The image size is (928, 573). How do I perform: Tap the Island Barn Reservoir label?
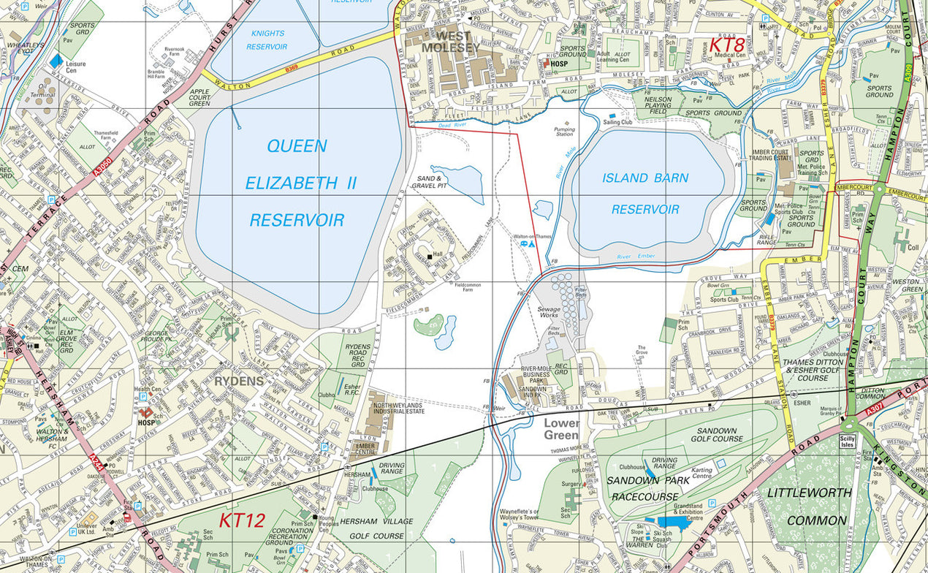tap(645, 194)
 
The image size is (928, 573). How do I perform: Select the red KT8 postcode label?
tap(726, 45)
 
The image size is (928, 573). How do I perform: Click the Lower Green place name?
tap(561, 429)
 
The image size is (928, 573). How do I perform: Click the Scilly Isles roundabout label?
tap(848, 441)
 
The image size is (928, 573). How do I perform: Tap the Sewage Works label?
tap(549, 313)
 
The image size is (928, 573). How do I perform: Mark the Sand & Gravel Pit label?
tap(430, 181)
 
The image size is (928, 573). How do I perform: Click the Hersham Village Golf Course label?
tap(373, 529)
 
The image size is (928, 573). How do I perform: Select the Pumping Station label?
tap(564, 132)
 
